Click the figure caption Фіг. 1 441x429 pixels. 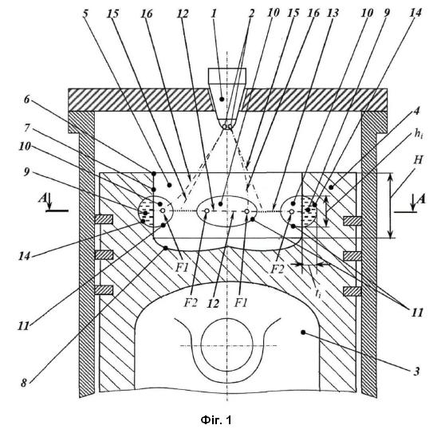click(216, 420)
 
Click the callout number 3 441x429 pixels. click(416, 372)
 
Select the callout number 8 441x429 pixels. click(24, 383)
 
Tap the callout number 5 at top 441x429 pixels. click(85, 13)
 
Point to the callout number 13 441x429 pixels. click(333, 13)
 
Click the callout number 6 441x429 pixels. click(27, 99)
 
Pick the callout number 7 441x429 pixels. click(27, 128)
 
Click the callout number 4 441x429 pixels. click(416, 111)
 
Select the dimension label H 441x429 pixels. click(418, 159)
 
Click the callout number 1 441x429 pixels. click(214, 13)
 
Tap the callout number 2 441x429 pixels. click(251, 13)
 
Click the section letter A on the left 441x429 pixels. click(42, 199)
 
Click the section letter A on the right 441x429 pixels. click(421, 199)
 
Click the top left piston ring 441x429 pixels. click(104, 219)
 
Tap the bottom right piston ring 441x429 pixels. click(352, 291)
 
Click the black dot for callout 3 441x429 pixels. click(303, 333)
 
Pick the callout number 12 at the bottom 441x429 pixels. click(214, 303)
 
